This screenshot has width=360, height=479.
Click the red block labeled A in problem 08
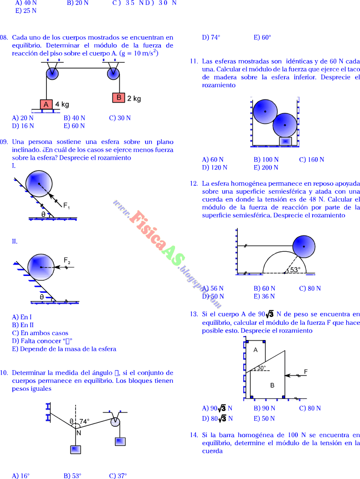[46, 104]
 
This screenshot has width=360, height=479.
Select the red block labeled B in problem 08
[118, 98]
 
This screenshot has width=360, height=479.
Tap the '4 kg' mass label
[62, 104]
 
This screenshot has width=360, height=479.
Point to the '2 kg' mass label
[134, 98]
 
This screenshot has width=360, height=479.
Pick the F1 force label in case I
[66, 205]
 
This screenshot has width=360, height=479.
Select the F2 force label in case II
[67, 260]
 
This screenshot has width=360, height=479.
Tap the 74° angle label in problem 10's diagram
[84, 421]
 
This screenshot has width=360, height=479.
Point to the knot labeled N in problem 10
[78, 432]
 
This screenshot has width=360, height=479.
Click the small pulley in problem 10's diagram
[115, 421]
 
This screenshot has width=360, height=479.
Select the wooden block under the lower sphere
[286, 141]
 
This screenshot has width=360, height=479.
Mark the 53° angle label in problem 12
[294, 270]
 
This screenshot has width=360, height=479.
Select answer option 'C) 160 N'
[311, 159]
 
